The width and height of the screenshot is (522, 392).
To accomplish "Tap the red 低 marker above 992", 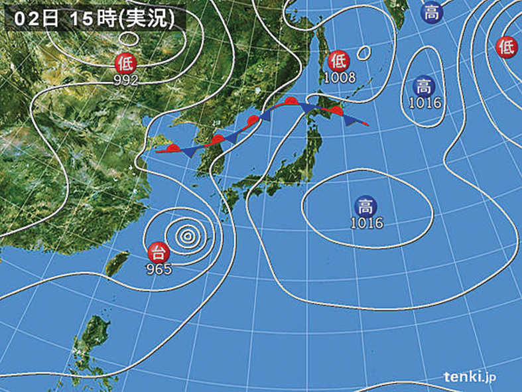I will pyautogui.click(x=125, y=64).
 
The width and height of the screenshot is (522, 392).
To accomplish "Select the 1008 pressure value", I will pyautogui.click(x=340, y=78).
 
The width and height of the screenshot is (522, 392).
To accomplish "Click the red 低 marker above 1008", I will pyautogui.click(x=339, y=61).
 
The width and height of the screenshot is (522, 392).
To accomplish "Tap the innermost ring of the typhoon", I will pyautogui.click(x=188, y=234).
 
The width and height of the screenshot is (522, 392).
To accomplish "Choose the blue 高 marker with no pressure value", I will pyautogui.click(x=432, y=13).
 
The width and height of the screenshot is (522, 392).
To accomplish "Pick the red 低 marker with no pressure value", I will pyautogui.click(x=507, y=46).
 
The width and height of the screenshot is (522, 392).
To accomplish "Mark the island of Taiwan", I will pyautogui.click(x=117, y=263).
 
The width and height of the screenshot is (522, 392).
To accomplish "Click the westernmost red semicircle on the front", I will pyautogui.click(x=174, y=148).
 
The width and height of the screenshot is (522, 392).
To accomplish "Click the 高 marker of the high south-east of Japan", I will pyautogui.click(x=365, y=205).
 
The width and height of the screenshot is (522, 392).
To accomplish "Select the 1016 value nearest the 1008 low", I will pyautogui.click(x=425, y=103).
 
